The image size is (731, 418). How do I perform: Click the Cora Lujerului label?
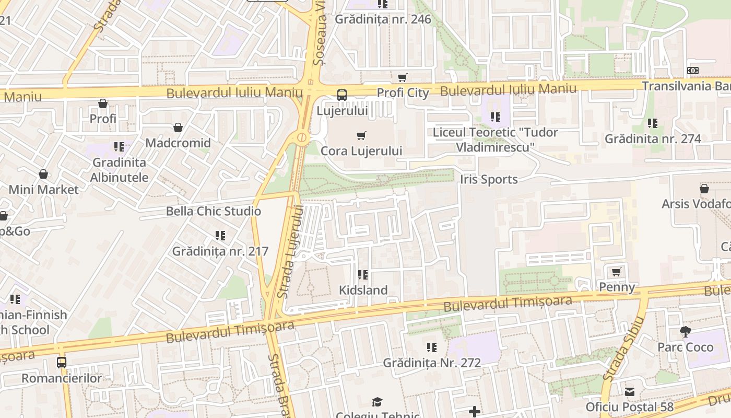point(361,151)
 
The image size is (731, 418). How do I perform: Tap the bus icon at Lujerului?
point(342,95)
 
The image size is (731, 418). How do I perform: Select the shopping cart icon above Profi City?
point(403,78)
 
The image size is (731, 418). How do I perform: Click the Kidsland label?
point(363,290)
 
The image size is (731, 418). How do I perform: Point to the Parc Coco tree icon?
point(685,332)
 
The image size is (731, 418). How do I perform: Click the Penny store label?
point(617,287)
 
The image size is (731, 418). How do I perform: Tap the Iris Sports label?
point(489,179)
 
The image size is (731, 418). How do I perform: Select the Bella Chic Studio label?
point(213,211)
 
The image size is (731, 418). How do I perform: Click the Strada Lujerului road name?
point(290,252)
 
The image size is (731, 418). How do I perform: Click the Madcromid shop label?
point(178,143)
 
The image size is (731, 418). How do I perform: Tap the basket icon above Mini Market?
point(43,174)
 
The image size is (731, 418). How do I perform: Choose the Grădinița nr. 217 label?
point(220,251)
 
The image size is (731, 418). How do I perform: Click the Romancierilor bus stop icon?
point(62,362)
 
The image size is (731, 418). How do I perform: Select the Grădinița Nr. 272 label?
point(432,363)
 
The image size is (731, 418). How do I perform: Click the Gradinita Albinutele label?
point(119,170)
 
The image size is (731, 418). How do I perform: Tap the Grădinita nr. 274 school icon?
point(653,123)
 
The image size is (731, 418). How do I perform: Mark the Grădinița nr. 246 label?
point(383,19)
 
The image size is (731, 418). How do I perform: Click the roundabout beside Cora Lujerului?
point(302,138)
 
